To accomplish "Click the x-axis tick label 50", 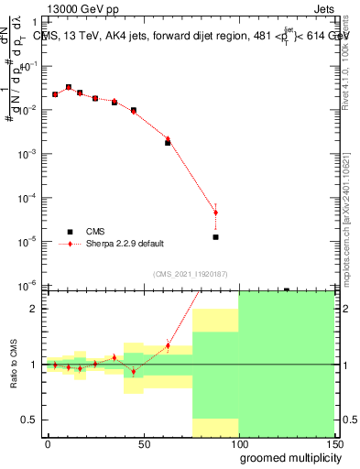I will pos(144,442).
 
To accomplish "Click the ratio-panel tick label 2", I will pos(34,309).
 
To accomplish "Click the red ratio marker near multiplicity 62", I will pos(168,345).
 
